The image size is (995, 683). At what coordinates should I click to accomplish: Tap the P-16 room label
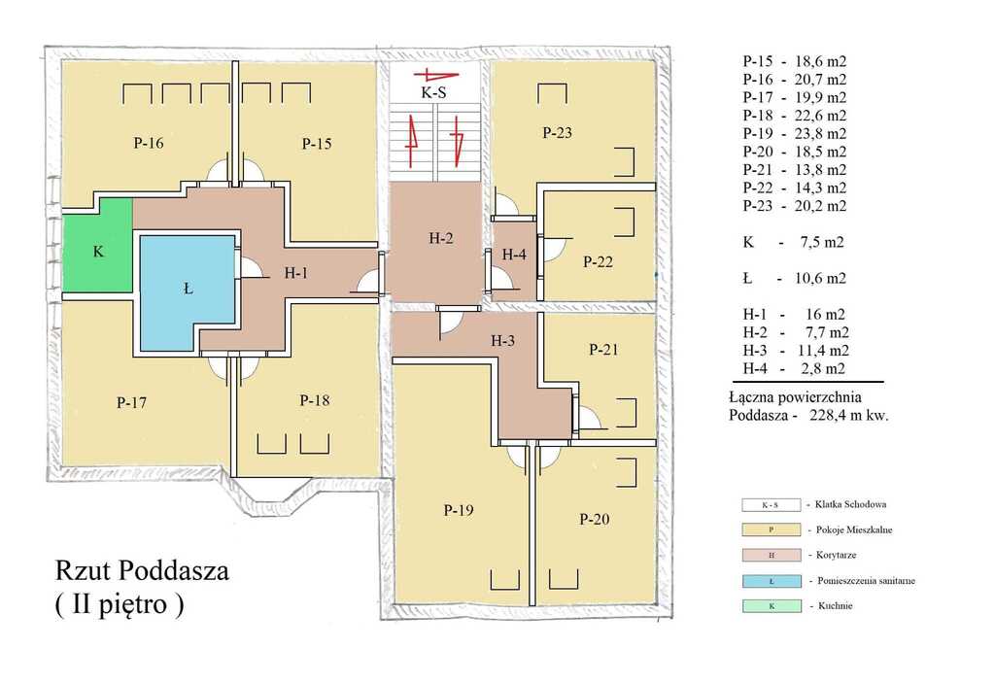coord(149,143)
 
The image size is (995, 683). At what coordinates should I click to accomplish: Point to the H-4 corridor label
coord(514,255)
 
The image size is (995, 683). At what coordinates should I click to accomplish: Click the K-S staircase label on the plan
coord(433,92)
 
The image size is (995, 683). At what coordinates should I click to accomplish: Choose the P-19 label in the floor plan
coord(459,510)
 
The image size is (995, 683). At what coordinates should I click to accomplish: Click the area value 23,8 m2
coord(820,133)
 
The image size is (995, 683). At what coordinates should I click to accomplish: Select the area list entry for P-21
coord(795,169)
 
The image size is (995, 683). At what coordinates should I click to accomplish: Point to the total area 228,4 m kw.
coord(849,416)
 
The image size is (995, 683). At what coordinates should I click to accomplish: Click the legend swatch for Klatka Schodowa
coord(771,505)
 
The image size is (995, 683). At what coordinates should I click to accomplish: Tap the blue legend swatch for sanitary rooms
coord(771,581)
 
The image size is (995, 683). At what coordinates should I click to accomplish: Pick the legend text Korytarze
coord(836,555)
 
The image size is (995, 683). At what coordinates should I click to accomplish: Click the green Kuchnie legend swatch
coord(771,606)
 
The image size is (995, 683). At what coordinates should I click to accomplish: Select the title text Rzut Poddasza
coord(142,570)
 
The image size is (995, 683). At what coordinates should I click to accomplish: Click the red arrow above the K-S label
coord(436,75)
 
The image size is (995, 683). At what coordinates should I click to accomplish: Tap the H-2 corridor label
coord(441,238)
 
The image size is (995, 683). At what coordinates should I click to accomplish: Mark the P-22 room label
coord(598,261)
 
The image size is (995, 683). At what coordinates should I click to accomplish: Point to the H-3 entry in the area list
coord(796,351)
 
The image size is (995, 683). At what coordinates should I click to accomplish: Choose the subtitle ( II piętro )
coord(120,604)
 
